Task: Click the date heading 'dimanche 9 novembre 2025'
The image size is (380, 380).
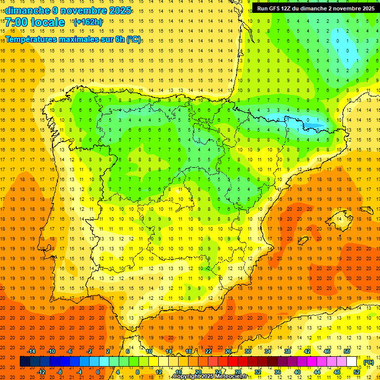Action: tap(68, 10)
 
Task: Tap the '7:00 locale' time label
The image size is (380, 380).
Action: tap(35, 22)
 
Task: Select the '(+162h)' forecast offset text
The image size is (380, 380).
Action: tap(88, 22)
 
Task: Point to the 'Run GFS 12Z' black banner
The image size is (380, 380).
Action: tap(316, 8)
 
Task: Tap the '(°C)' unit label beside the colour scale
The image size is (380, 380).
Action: tap(368, 362)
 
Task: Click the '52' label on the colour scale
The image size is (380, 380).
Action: tap(357, 372)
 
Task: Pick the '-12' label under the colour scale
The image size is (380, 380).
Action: tap(41, 372)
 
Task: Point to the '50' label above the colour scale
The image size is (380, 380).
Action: tap(347, 351)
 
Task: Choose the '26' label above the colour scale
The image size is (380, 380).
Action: tap(228, 351)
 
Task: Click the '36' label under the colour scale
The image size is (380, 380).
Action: tap(278, 372)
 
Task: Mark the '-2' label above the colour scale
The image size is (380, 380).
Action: tap(90, 351)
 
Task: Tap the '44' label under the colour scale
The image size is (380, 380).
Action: tap(317, 372)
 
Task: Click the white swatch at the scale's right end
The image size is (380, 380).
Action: tap(352, 362)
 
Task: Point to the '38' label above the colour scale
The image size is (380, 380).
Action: tap(287, 351)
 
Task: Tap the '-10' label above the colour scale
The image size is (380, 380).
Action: tap(51, 351)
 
